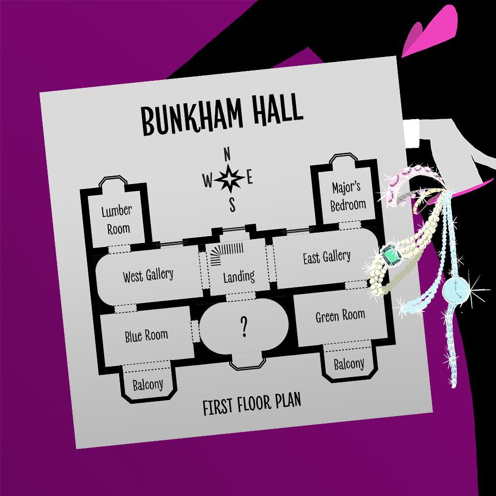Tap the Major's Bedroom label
click(x=348, y=196)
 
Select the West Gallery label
click(x=148, y=275)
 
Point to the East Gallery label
click(x=327, y=257)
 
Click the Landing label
click(x=239, y=277)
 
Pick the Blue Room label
click(x=146, y=336)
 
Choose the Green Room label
click(x=340, y=315)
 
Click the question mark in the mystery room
click(x=244, y=326)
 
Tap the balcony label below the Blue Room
click(x=148, y=385)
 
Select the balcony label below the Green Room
click(x=349, y=364)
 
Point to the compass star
click(x=229, y=179)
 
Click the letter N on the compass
click(x=227, y=155)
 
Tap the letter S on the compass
click(x=233, y=204)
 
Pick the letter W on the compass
click(x=207, y=181)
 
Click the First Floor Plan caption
click(x=252, y=404)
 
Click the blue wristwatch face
click(x=456, y=290)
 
